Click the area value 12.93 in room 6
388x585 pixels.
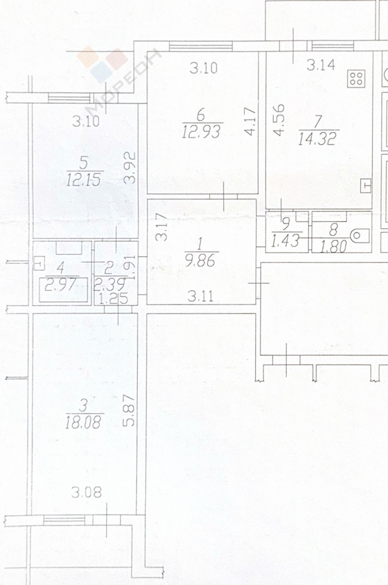click(x=201, y=131)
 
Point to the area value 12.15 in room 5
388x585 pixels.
click(x=84, y=179)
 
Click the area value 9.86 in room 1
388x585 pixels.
click(x=200, y=260)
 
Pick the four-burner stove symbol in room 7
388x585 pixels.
click(x=356, y=78)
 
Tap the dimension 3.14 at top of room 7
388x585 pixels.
click(x=321, y=65)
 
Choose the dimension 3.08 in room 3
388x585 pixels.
click(x=86, y=493)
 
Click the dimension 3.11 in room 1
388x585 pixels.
click(x=201, y=296)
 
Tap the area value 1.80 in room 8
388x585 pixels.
click(x=333, y=246)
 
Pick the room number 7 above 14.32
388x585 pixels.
click(x=318, y=122)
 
